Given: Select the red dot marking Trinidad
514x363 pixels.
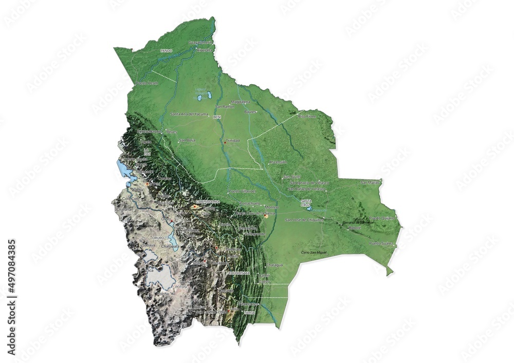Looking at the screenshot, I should (225, 142).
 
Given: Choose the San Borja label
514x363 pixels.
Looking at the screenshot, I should (187, 140).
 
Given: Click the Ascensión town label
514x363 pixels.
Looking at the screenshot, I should (278, 162).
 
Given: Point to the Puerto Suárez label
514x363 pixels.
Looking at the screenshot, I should (381, 243).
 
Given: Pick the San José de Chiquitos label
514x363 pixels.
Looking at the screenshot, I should (304, 220).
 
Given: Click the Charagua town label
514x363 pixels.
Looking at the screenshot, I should (274, 265).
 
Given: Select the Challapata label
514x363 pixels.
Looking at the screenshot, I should (170, 246).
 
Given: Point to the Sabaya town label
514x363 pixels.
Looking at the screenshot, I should (148, 245).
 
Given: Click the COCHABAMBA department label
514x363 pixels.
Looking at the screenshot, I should (208, 202).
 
